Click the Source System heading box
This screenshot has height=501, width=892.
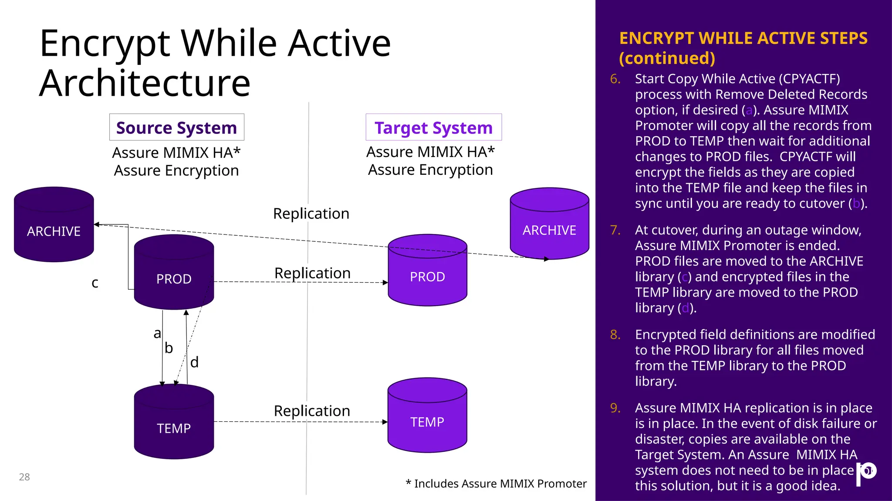click(176, 127)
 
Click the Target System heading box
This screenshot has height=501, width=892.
click(433, 127)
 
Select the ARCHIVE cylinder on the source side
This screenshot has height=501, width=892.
click(54, 225)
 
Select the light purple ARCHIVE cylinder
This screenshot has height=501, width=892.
click(549, 224)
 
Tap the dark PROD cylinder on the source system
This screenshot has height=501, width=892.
click(174, 273)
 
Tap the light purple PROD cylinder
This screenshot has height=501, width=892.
click(427, 271)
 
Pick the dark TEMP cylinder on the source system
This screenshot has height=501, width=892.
click(174, 422)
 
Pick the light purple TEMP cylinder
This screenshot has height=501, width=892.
click(427, 416)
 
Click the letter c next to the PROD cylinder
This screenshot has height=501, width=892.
click(95, 283)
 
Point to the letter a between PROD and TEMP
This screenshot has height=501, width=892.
click(157, 334)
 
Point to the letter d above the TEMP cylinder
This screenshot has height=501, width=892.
click(194, 362)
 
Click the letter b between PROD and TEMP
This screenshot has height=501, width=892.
click(169, 348)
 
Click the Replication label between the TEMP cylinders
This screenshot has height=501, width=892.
click(312, 411)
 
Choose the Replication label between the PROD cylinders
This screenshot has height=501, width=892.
click(312, 273)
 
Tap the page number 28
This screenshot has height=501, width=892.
click(24, 477)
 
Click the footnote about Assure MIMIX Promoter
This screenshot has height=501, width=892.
click(496, 484)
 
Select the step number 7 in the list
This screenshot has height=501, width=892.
click(615, 230)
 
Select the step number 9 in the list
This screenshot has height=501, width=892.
click(615, 408)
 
